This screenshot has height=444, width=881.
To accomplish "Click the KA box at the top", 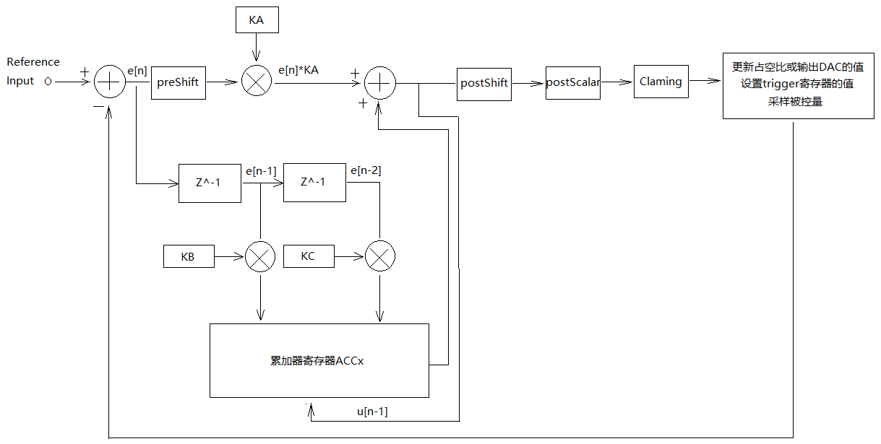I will point(257,20).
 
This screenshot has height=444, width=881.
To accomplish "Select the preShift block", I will point(178,82).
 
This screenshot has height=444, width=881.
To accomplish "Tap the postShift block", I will point(484,83).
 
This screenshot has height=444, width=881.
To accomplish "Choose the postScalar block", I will point(572,82).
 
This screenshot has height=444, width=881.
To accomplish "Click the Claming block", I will point(661,82).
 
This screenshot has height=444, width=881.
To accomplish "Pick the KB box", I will point(188,256).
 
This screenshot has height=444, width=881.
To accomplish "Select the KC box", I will point(309,256).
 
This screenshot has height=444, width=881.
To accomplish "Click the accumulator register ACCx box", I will point(319,361).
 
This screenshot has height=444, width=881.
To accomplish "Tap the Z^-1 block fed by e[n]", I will point(210,183).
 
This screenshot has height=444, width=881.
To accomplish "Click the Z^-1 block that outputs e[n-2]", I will point(314,182).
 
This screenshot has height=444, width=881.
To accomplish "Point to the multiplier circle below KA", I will point(256,82).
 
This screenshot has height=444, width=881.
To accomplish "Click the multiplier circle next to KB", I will point(260,256).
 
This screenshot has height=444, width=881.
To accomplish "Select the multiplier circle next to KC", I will point(380,256).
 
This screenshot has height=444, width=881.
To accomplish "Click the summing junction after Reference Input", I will point(110,82).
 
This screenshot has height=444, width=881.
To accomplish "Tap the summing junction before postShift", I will point(379,83).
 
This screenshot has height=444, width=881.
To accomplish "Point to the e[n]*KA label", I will point(299,70).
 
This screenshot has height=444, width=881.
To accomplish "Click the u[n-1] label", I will point(372,412).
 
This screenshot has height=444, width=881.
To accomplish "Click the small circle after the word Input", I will point(48,82).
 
